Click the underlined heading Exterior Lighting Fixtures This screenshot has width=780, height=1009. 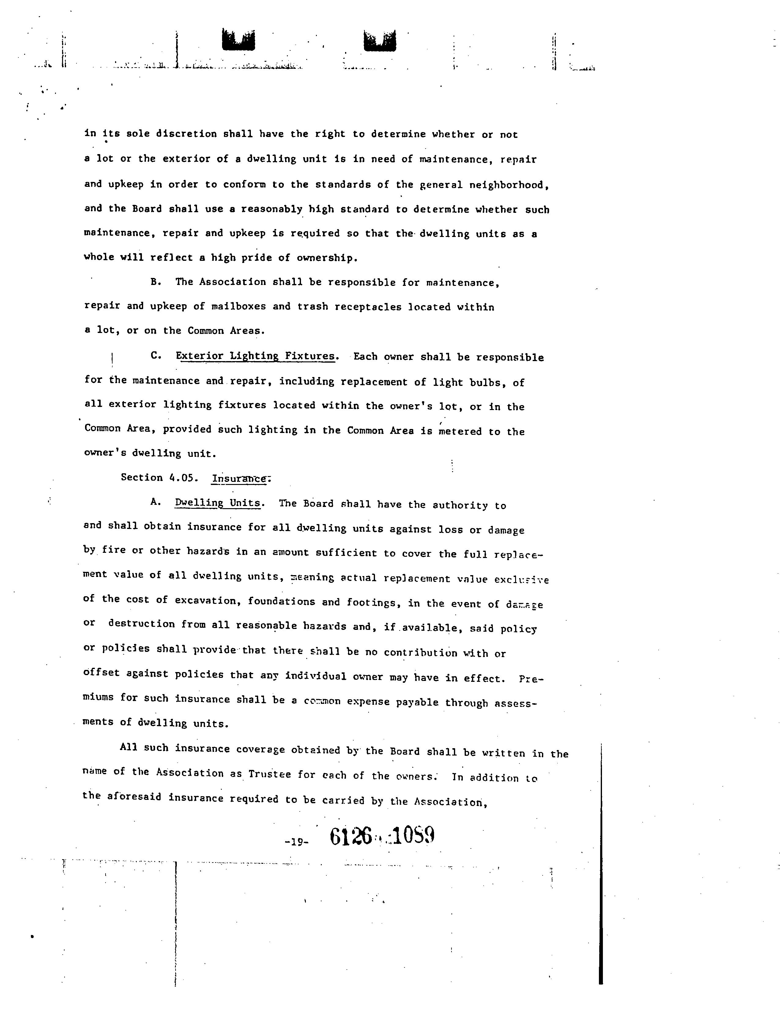click(255, 356)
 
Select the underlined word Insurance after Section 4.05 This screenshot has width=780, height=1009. click(239, 479)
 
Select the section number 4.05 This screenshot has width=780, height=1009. click(184, 478)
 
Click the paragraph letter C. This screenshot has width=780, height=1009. click(156, 356)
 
